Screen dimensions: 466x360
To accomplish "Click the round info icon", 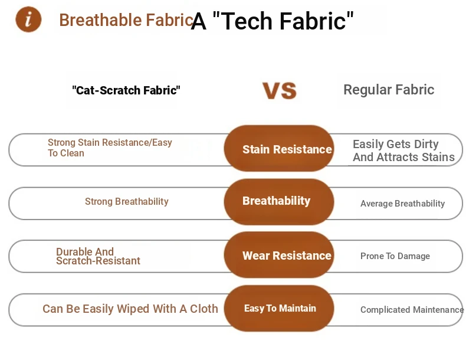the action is pyautogui.click(x=28, y=19).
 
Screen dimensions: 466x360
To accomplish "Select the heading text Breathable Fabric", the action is pyautogui.click(x=127, y=20).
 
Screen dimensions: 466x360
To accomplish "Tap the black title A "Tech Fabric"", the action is pyautogui.click(x=273, y=21).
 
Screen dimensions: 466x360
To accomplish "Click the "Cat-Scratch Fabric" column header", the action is pyautogui.click(x=126, y=90).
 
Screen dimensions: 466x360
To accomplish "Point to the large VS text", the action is pyautogui.click(x=280, y=91).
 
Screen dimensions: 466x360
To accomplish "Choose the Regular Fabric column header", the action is pyautogui.click(x=389, y=90).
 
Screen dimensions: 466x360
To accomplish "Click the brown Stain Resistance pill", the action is pyautogui.click(x=279, y=148).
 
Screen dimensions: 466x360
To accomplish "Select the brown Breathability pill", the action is pyautogui.click(x=279, y=202).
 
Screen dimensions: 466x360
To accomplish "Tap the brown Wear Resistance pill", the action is pyautogui.click(x=279, y=255).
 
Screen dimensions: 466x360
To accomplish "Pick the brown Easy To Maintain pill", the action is pyautogui.click(x=279, y=308).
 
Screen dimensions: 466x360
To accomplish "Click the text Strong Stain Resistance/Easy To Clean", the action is pyautogui.click(x=110, y=148).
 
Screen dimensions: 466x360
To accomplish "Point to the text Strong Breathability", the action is pyautogui.click(x=127, y=202).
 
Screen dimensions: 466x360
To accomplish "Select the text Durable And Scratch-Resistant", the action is pyautogui.click(x=98, y=256).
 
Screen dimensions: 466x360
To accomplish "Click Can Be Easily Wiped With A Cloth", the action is pyautogui.click(x=130, y=309).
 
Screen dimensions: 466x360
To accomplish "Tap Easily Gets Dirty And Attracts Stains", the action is pyautogui.click(x=403, y=150).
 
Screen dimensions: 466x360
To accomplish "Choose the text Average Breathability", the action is pyautogui.click(x=403, y=204).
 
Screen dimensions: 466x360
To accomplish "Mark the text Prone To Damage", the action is pyautogui.click(x=395, y=256).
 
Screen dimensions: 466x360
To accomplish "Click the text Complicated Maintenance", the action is pyautogui.click(x=412, y=310).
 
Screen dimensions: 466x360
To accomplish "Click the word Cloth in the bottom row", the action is pyautogui.click(x=204, y=309).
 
